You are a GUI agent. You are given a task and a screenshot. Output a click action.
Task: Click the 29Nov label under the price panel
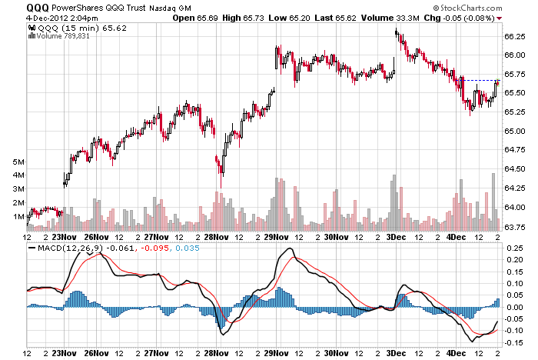[x=277, y=237]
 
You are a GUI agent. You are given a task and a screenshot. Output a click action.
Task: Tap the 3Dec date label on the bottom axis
[x=397, y=353]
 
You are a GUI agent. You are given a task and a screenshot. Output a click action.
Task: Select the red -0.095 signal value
[x=157, y=248]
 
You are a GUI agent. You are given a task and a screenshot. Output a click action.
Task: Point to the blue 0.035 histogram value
[x=187, y=248]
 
